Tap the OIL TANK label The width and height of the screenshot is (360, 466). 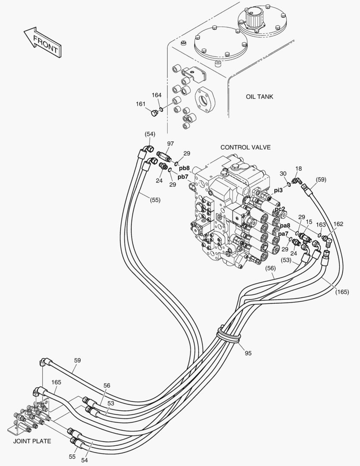point(259,97)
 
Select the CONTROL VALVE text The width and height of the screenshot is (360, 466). point(245,147)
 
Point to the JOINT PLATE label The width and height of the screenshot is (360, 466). point(32,441)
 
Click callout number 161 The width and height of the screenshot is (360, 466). point(141,104)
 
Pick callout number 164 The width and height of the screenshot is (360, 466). point(157,95)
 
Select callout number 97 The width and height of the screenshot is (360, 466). point(171,143)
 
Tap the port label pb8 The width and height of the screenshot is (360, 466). point(185,168)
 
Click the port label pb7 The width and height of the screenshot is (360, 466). point(182,176)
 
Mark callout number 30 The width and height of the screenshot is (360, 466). point(283,173)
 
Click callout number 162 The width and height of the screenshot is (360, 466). point(338,224)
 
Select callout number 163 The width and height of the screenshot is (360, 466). point(321,224)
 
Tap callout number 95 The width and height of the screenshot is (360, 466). point(248,353)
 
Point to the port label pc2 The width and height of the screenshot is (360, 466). point(280,209)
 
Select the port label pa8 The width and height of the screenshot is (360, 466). point(285,225)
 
